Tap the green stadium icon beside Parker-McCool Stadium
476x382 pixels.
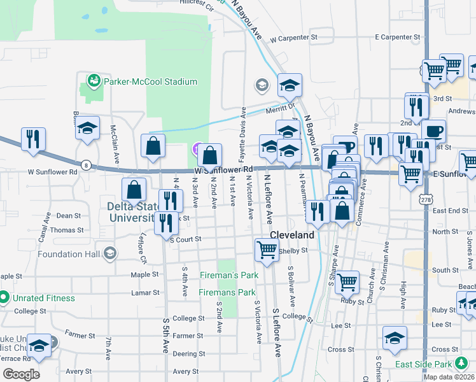tap(94, 81)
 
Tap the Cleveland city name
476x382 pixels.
tap(292, 235)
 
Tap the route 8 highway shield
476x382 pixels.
tap(87, 166)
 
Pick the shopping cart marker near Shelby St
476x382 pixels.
tap(267, 249)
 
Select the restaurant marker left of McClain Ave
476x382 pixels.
tap(33, 139)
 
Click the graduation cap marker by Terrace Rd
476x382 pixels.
tap(39, 345)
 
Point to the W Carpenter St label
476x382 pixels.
tap(293, 38)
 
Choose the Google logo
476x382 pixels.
tap(21, 374)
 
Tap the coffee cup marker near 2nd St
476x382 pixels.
tap(433, 131)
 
